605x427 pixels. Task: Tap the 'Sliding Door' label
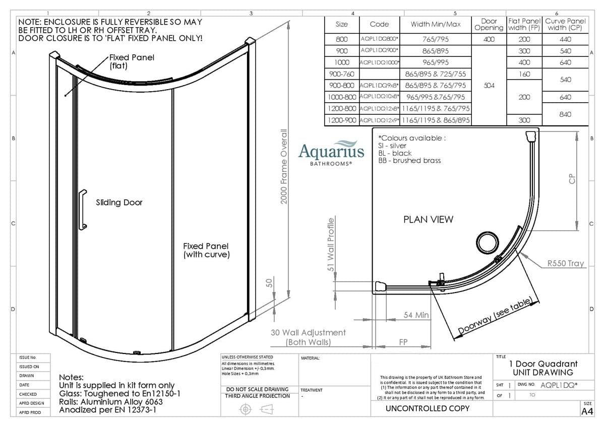tap(119, 202)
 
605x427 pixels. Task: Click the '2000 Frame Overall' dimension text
tap(284, 167)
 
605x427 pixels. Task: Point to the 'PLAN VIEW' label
tap(428, 219)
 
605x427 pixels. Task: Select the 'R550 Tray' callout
tap(565, 263)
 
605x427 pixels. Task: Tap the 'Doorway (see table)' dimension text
tap(495, 317)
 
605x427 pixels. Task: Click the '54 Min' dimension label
tap(416, 315)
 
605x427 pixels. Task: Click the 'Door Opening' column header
tap(489, 24)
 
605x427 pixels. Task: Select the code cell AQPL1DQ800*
tap(379, 39)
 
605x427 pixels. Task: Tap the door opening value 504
tap(489, 85)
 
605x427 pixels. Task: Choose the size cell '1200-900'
tap(341, 120)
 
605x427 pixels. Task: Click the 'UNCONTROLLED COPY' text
tap(427, 408)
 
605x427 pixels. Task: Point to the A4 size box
tap(587, 411)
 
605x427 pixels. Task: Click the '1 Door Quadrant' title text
tap(543, 364)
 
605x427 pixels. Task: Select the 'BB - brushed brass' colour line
tap(409, 160)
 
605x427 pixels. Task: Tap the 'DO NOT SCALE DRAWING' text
tap(257, 389)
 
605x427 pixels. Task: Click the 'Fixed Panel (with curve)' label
tap(206, 250)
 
